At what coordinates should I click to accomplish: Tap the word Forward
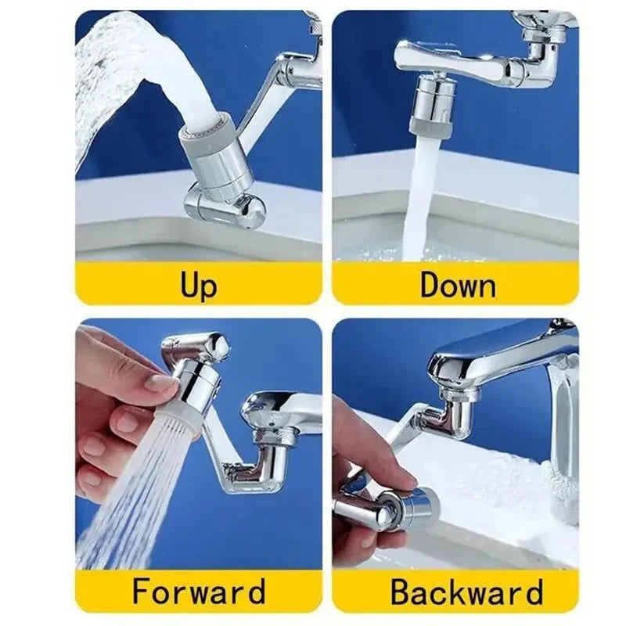point(198,591)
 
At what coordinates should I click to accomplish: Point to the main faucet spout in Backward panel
point(501,352)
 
